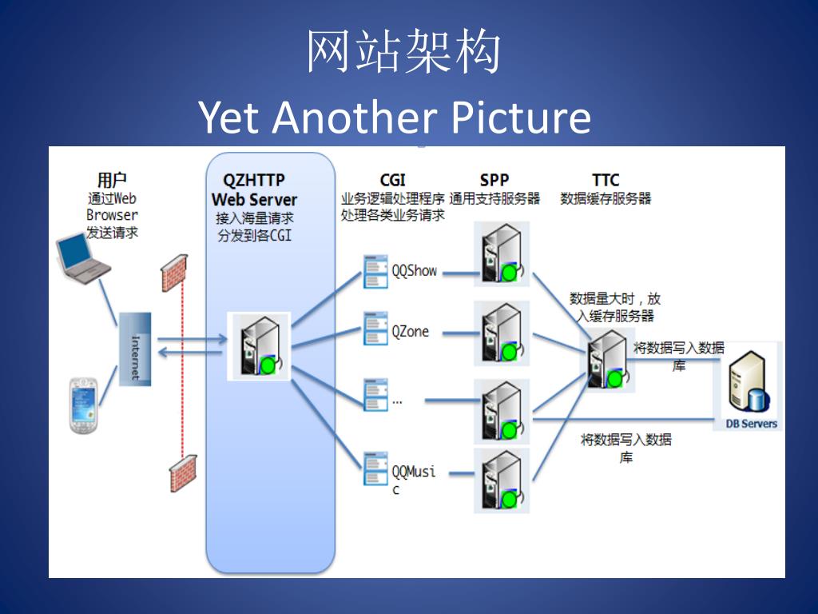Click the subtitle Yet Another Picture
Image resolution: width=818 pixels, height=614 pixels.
[x=395, y=118]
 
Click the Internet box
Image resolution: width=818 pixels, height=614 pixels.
[x=135, y=349]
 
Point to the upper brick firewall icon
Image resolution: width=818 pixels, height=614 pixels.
[x=175, y=273]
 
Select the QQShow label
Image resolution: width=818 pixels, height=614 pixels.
[x=415, y=271]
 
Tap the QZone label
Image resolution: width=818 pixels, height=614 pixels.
[x=411, y=332]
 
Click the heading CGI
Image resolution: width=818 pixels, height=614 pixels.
[x=392, y=181]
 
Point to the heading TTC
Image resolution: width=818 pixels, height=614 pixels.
[x=606, y=181]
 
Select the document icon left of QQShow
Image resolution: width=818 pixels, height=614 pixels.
[x=375, y=271]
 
